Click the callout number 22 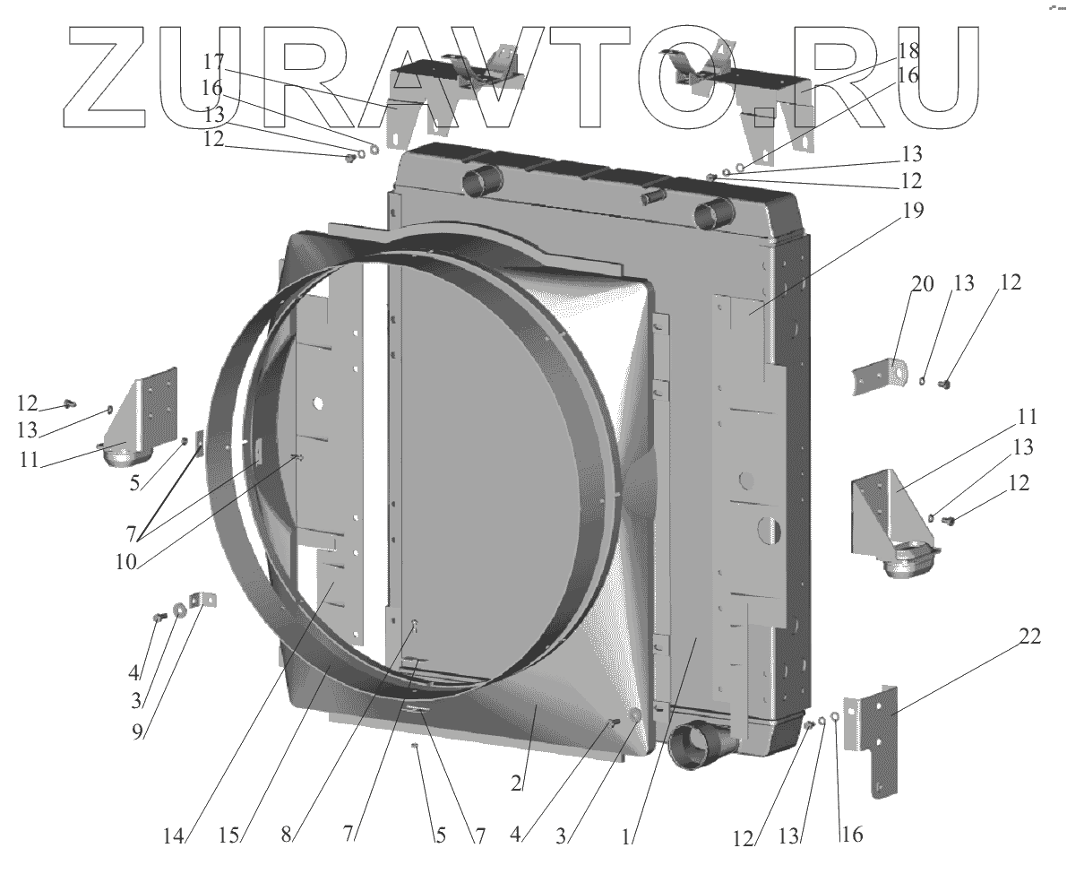[1029, 637]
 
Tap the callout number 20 [922, 283]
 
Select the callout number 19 [913, 211]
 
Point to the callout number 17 [213, 61]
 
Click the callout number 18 [908, 50]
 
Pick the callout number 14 [174, 835]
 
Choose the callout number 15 [229, 835]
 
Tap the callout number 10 [126, 561]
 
